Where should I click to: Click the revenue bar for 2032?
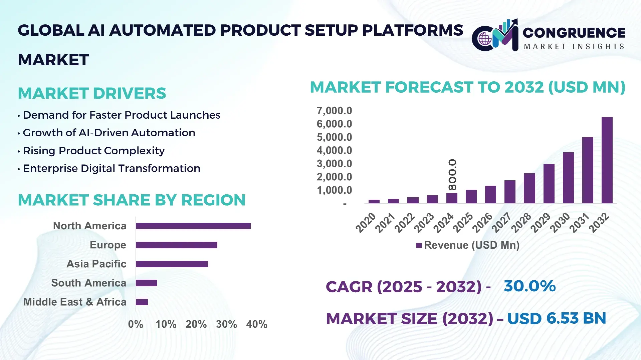(x=607, y=160)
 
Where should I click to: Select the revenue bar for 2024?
(x=452, y=198)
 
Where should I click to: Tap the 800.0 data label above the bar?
(x=452, y=174)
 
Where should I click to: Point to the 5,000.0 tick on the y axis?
(x=334, y=137)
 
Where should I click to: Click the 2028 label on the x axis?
(x=521, y=222)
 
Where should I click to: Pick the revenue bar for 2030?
(x=568, y=178)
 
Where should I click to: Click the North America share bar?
(x=193, y=226)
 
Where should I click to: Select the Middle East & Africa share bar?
(x=142, y=302)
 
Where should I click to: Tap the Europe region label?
(x=108, y=245)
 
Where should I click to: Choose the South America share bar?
(x=146, y=283)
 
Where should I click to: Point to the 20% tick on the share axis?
(x=196, y=324)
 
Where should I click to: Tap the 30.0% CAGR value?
(x=529, y=286)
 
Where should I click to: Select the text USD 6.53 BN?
(x=557, y=318)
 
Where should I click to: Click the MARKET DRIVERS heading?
(x=92, y=93)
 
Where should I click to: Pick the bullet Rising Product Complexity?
(x=93, y=151)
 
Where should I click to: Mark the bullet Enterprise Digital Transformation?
(x=111, y=168)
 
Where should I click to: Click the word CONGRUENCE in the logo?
(x=574, y=33)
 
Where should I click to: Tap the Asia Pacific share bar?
(x=172, y=264)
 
